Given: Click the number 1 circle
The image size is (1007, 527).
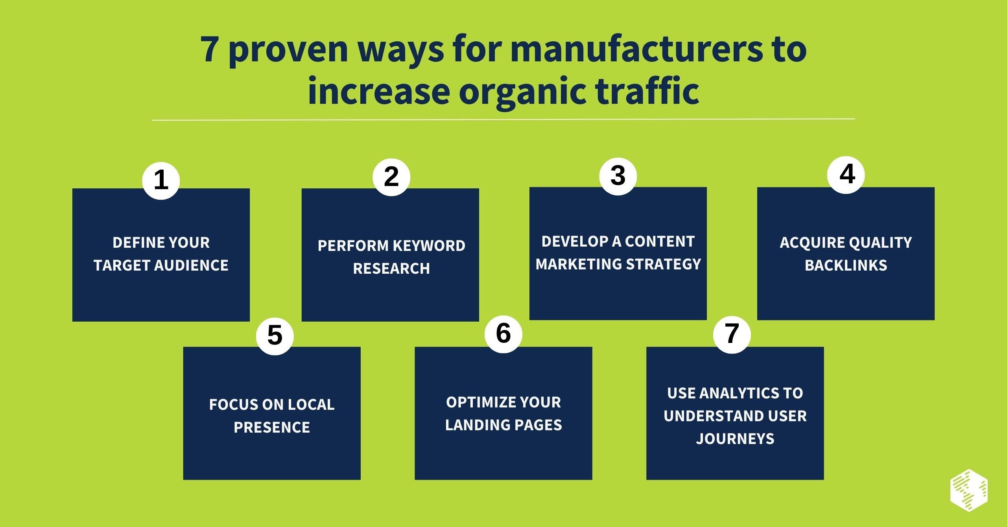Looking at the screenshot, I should click(161, 181).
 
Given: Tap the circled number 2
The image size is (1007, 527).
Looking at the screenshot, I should click(391, 177).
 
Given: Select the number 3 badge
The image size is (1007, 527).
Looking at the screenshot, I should click(618, 175).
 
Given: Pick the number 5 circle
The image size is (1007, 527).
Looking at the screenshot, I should click(275, 335).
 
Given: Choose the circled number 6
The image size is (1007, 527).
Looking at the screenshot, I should click(503, 334).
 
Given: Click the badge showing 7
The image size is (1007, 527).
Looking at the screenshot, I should click(732, 334).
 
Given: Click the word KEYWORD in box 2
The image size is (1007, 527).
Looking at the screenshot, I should click(429, 246).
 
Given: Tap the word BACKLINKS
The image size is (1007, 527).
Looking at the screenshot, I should click(846, 265).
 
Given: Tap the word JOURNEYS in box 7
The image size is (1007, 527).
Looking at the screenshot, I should click(735, 439).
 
